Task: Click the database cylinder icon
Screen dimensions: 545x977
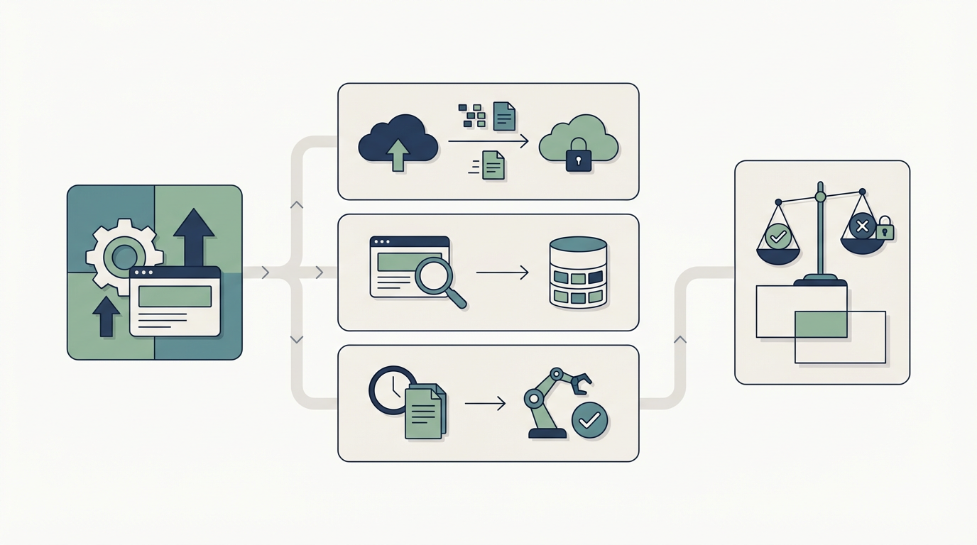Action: [x=578, y=272]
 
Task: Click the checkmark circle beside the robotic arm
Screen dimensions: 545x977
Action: [x=589, y=420]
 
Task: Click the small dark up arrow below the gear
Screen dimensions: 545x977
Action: [x=107, y=316]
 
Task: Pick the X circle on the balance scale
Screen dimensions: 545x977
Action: [x=862, y=226]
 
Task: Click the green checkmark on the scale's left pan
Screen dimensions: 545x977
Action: [x=778, y=236]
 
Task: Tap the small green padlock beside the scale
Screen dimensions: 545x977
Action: [x=885, y=230]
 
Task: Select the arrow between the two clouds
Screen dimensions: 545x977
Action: [x=488, y=142]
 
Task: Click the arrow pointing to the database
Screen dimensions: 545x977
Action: [x=502, y=272]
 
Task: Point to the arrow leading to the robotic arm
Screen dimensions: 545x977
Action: [x=485, y=404]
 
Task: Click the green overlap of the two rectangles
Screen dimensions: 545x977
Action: [x=821, y=324]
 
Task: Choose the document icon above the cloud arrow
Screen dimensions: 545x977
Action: [x=504, y=116]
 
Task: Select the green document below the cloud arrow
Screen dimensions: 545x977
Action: [x=493, y=166]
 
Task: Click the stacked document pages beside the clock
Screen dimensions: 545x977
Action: [x=425, y=412]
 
